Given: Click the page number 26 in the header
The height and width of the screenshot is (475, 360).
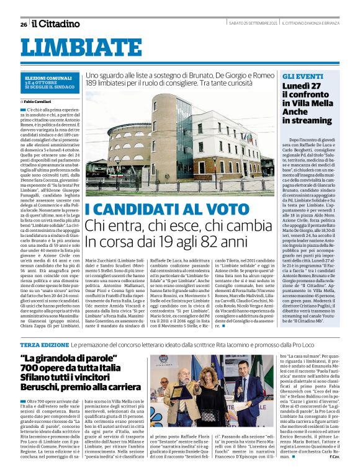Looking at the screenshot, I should coord(24,24).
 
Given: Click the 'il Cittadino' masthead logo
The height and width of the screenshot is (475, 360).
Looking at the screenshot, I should coord(56,24).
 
